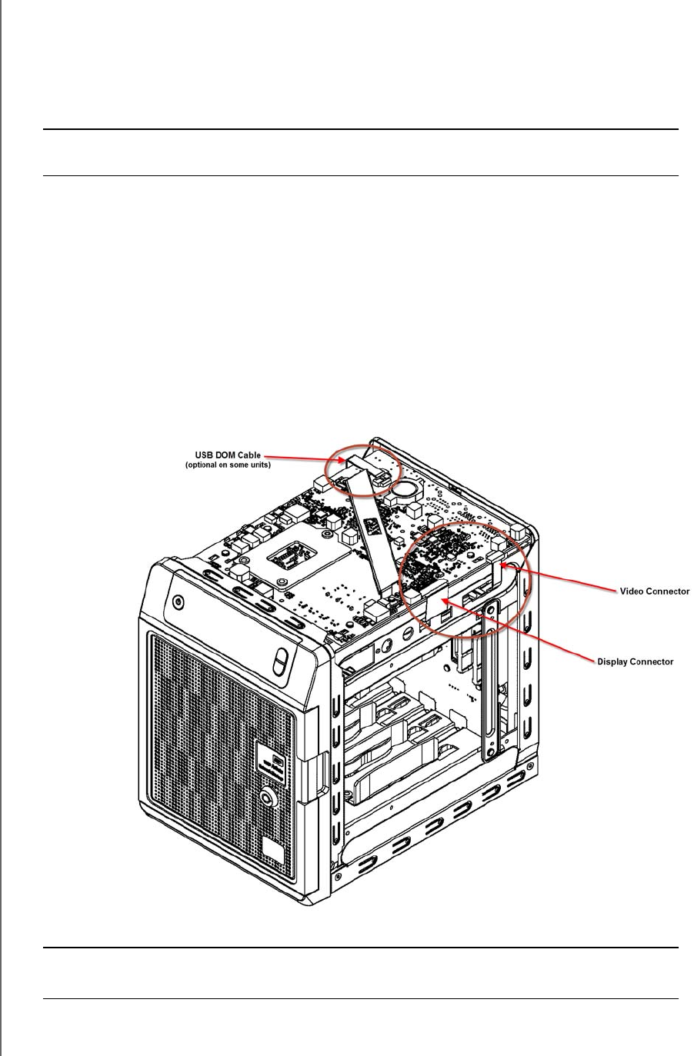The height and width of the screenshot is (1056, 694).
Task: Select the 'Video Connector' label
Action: tap(654, 591)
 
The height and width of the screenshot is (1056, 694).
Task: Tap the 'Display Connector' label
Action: tap(636, 661)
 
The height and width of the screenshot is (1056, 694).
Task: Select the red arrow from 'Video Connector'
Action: tap(562, 578)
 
